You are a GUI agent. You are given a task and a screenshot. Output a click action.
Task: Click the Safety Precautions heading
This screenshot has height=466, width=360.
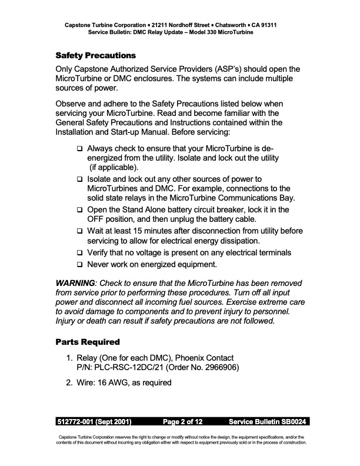coord(95,56)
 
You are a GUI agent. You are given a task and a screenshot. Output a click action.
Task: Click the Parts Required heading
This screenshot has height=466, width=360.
coord(88,342)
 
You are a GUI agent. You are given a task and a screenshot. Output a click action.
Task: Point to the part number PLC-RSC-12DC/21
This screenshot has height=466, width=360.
coord(133,368)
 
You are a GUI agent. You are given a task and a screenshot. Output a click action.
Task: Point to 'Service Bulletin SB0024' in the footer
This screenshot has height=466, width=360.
coord(268,422)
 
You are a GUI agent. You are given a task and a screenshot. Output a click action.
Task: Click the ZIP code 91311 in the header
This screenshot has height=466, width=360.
coord(266,26)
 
